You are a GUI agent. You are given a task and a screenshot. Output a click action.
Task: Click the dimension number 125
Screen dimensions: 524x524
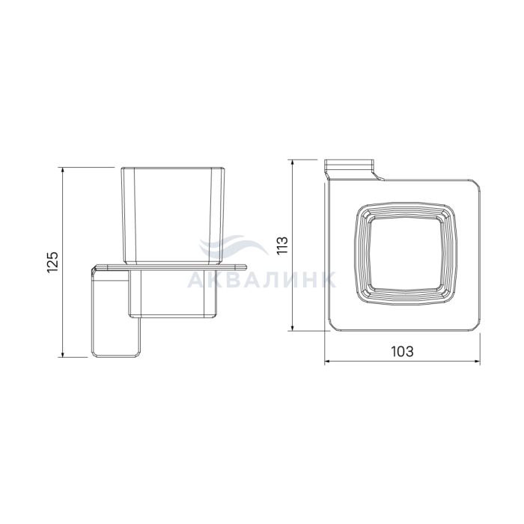coord(53,262)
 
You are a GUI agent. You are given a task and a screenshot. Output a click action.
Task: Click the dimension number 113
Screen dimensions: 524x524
coord(282,246)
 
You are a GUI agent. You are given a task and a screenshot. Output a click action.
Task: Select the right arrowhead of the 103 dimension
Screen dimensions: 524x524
coord(476,361)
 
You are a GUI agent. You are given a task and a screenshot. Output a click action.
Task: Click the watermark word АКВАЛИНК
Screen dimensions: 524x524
coord(262,279)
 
